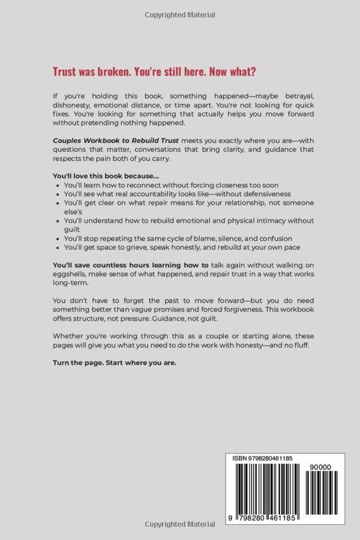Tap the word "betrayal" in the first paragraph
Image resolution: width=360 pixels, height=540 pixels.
287,96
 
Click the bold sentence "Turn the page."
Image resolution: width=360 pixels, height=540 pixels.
81,362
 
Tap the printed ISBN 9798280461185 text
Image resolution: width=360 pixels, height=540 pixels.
263,458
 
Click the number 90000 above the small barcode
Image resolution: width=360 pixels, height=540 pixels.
318,466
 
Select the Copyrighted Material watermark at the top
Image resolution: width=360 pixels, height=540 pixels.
180,14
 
